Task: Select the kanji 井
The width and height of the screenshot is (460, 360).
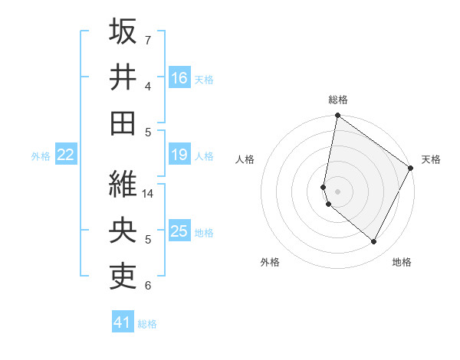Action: coord(123,77)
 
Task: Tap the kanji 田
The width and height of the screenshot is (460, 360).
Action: coord(123,123)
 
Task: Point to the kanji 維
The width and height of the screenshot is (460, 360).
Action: coord(123,183)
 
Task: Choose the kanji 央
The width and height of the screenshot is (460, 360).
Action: coord(123,229)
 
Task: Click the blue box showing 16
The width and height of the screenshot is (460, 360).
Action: coord(179,78)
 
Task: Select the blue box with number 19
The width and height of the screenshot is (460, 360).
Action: coord(179,155)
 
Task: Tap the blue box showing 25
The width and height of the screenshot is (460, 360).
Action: coord(179,232)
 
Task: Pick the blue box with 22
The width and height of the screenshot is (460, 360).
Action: coord(66,155)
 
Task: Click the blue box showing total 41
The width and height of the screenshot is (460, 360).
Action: coord(123,322)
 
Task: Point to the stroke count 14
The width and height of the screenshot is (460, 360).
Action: coord(149,194)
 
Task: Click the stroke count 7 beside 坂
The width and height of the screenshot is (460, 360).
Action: coord(148,39)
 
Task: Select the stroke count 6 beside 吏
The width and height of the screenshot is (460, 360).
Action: coord(148,286)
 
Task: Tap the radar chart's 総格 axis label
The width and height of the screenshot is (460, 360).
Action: coord(338,100)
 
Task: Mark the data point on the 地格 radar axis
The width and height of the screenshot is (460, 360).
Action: coord(374,242)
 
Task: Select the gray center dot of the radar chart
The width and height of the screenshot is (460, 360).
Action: coord(338,191)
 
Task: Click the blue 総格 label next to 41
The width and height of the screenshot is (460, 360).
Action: coord(147,324)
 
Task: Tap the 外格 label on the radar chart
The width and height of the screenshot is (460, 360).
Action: coord(270,262)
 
